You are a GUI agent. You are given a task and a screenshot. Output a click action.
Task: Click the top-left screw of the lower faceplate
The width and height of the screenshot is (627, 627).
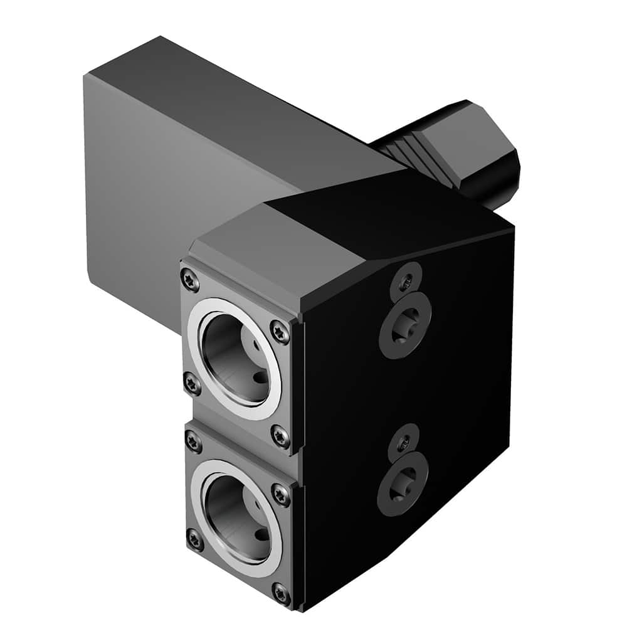click(x=194, y=442)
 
